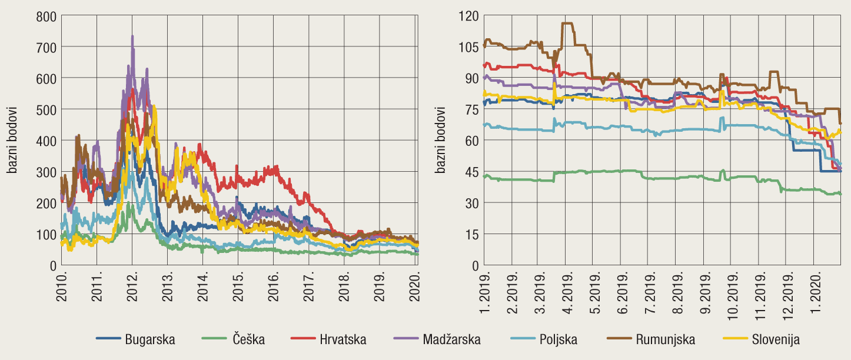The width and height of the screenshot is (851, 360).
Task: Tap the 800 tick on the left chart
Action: point(46,16)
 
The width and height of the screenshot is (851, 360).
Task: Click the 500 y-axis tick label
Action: point(46,109)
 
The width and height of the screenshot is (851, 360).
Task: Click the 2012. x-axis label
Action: point(134,286)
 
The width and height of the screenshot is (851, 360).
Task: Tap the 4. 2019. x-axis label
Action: point(569,292)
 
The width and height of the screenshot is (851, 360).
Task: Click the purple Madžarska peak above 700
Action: point(132,36)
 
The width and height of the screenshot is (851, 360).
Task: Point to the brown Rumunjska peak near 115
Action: point(567,24)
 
